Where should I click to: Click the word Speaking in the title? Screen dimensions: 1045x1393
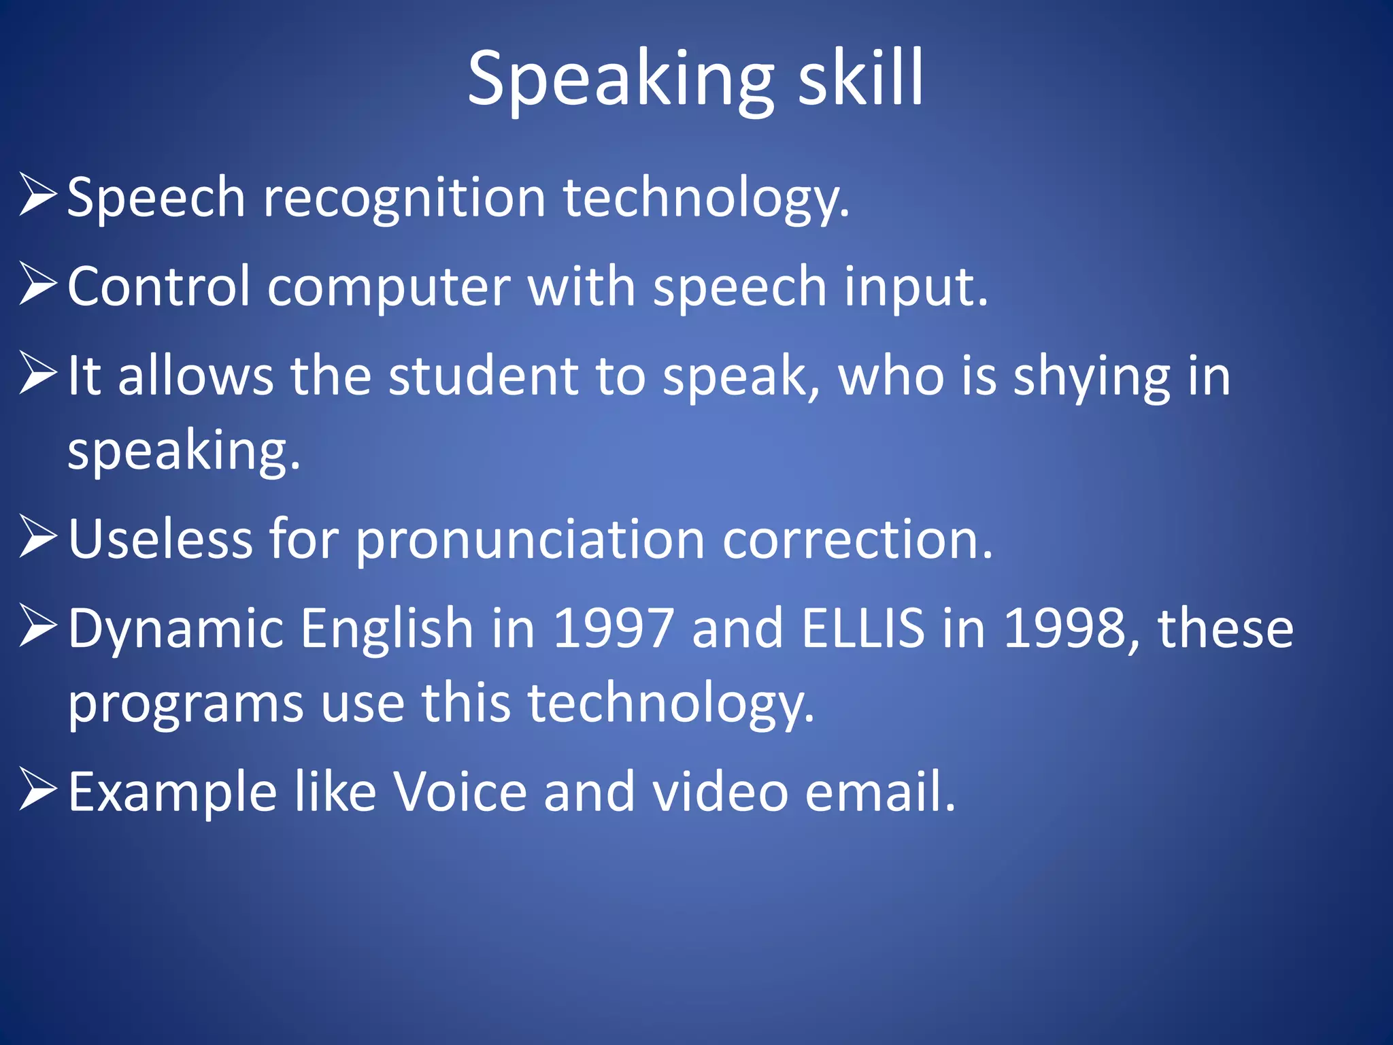(x=620, y=80)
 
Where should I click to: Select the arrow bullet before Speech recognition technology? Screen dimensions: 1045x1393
(x=37, y=195)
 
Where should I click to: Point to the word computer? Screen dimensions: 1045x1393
(x=388, y=288)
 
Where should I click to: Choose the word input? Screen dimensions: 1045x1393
(x=916, y=288)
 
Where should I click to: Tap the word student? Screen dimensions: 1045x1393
(x=483, y=376)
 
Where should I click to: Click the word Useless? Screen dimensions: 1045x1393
(x=161, y=539)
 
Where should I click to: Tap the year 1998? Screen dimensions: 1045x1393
(x=1064, y=628)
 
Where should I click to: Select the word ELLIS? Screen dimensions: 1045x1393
(x=863, y=628)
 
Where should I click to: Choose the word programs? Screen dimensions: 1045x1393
(x=185, y=704)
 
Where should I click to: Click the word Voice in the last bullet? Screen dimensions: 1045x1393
(x=460, y=792)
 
